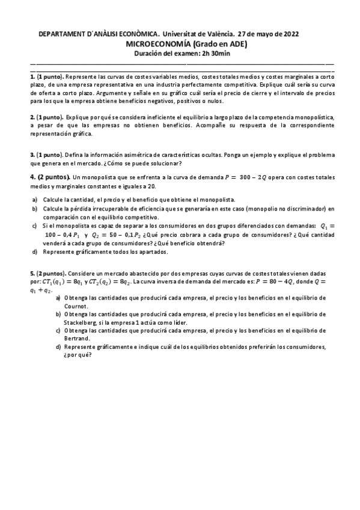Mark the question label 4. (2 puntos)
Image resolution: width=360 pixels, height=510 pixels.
(x=50, y=177)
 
